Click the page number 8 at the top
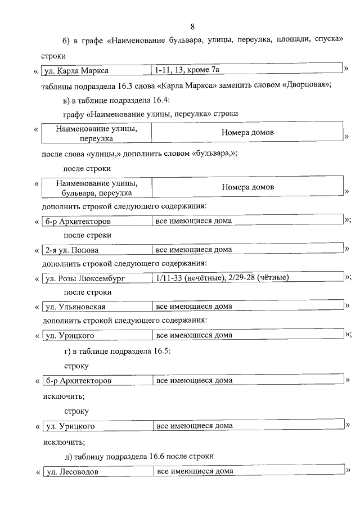pos(192,26)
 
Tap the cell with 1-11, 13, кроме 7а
pos(188,70)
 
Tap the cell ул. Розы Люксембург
pos(84,278)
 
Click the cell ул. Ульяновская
pos(75,307)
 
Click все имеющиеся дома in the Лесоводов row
pos(195,471)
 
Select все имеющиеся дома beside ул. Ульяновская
pos(193,307)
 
